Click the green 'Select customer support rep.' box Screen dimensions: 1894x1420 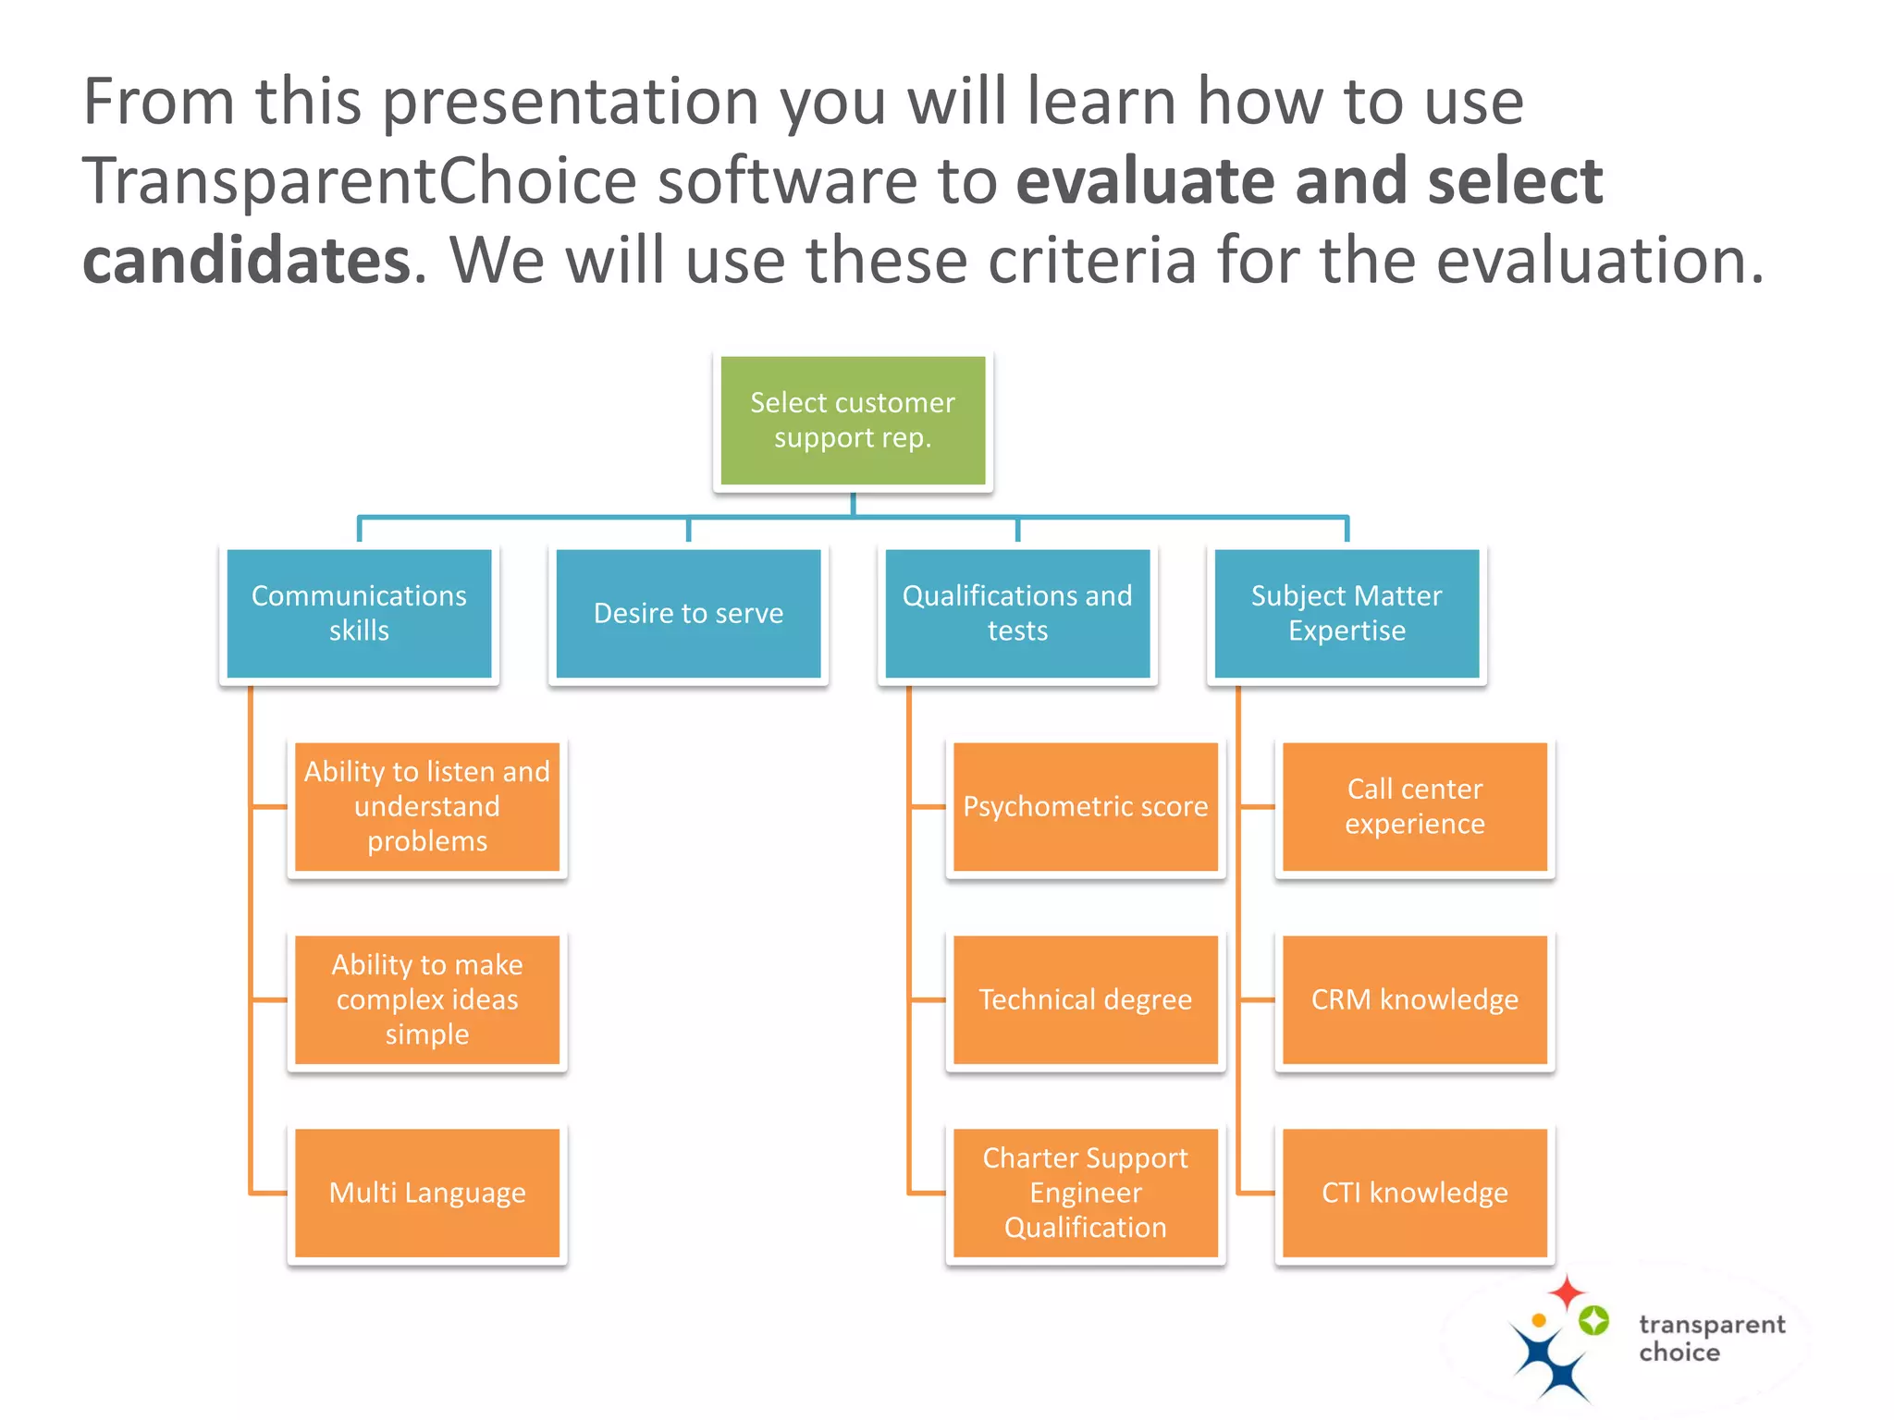pyautogui.click(x=853, y=421)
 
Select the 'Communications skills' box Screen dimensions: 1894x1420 pyautogui.click(x=359, y=614)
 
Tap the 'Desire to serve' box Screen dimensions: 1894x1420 pyautogui.click(x=688, y=614)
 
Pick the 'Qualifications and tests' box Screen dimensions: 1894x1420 pyautogui.click(x=1017, y=614)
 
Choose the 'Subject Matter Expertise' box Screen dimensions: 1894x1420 pyautogui.click(x=1347, y=614)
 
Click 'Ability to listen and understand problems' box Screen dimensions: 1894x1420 pyautogui.click(x=427, y=807)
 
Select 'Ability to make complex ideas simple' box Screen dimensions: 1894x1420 pyautogui.click(x=427, y=1000)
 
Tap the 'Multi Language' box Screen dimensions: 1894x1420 pyautogui.click(x=427, y=1194)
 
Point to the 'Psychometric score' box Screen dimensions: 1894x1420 pyautogui.click(x=1086, y=807)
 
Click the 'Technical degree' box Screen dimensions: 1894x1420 pyautogui.click(x=1086, y=1000)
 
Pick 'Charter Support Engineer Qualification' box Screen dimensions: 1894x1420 pyautogui.click(x=1086, y=1194)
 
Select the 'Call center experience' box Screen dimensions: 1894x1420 pyautogui.click(x=1415, y=807)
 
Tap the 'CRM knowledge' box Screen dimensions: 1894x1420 pyautogui.click(x=1415, y=1000)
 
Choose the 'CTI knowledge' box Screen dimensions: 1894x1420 pyautogui.click(x=1415, y=1194)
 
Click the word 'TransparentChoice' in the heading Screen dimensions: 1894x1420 pyautogui.click(x=360, y=182)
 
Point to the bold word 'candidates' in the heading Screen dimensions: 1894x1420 pyautogui.click(x=247, y=261)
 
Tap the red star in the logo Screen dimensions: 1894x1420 pyautogui.click(x=1567, y=1291)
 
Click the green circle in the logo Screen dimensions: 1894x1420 pyautogui.click(x=1593, y=1320)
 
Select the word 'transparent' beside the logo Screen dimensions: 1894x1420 pyautogui.click(x=1712, y=1326)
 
